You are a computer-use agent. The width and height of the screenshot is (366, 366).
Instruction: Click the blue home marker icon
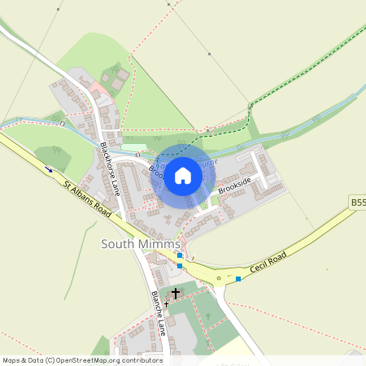click(183, 175)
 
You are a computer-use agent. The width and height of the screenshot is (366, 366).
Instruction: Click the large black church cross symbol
click(176, 292)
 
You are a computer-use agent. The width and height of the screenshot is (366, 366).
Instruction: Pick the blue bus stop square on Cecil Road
click(238, 279)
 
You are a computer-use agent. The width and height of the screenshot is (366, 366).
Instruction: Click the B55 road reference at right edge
click(358, 202)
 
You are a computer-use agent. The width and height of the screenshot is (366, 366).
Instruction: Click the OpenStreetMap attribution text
click(82, 360)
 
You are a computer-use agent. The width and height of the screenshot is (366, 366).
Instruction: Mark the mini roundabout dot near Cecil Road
click(218, 279)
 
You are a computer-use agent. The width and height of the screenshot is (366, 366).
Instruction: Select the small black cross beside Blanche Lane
click(166, 303)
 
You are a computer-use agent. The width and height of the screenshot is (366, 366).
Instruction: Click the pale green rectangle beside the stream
click(129, 147)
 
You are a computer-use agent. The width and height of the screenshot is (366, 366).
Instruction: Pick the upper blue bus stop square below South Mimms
click(180, 255)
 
